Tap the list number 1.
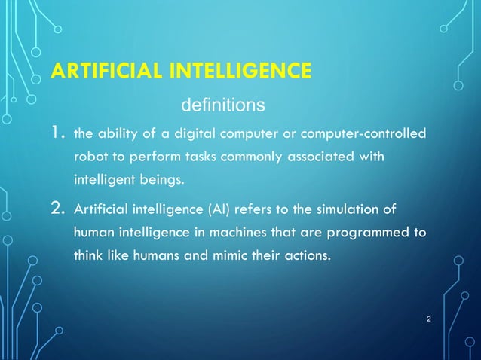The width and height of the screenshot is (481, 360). [x=59, y=134]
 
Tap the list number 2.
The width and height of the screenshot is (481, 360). [x=60, y=207]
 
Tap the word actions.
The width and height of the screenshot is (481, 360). [x=306, y=255]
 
